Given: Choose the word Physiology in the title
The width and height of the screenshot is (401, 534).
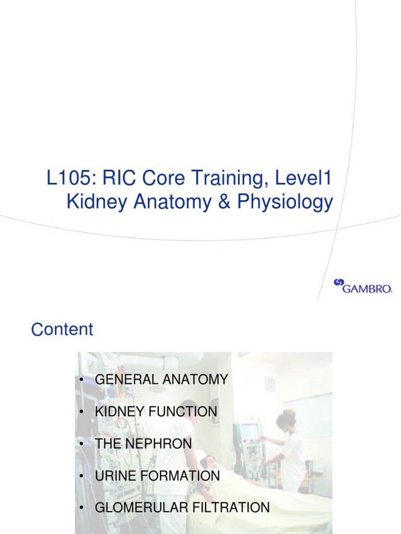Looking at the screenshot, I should tap(285, 202).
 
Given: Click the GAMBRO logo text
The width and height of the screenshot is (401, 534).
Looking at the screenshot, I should tap(368, 288).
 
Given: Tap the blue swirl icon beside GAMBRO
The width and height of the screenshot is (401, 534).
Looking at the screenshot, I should tap(338, 283).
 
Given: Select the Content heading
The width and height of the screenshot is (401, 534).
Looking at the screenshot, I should tap(62, 330).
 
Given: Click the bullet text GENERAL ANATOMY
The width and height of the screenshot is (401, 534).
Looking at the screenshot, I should tap(161, 380).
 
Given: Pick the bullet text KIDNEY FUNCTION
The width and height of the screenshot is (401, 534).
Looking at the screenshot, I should tap(156, 411).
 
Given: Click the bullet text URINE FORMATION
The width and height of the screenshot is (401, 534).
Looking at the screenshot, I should tap(157, 476).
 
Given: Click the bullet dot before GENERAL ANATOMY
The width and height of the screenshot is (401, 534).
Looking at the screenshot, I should tap(82, 380).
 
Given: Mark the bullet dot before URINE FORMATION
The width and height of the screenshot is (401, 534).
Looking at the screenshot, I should tap(82, 476).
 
